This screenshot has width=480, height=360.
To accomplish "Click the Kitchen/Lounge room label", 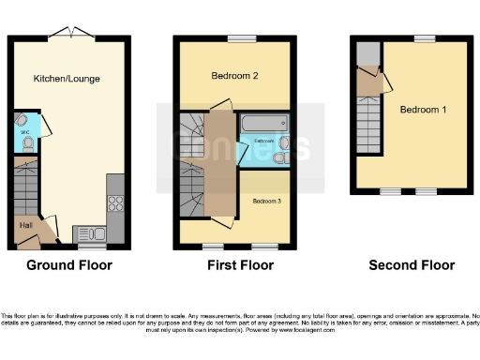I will coord(66,78).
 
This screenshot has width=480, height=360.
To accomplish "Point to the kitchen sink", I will coord(89,233).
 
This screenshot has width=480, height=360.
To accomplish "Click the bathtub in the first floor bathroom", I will coord(264,124).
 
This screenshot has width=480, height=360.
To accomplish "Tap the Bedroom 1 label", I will coord(423,110).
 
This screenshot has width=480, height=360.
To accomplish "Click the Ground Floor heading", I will coord(69,265).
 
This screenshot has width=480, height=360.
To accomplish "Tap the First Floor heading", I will coord(240,265).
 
